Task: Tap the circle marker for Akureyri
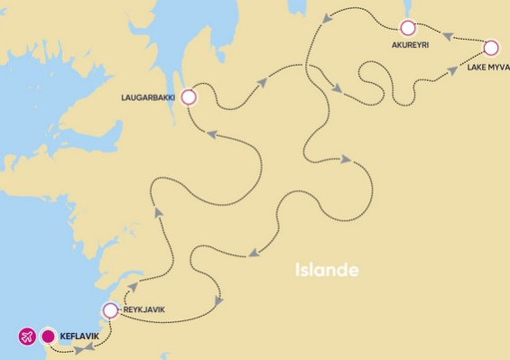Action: coord(408,27)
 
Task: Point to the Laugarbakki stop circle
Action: coord(189,97)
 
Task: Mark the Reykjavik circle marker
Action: coord(110,311)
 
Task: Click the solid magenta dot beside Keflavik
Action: coord(48,337)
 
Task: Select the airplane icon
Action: coord(27,337)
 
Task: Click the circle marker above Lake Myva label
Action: coord(492,48)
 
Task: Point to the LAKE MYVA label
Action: coord(488,66)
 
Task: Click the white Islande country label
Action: coord(327,270)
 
